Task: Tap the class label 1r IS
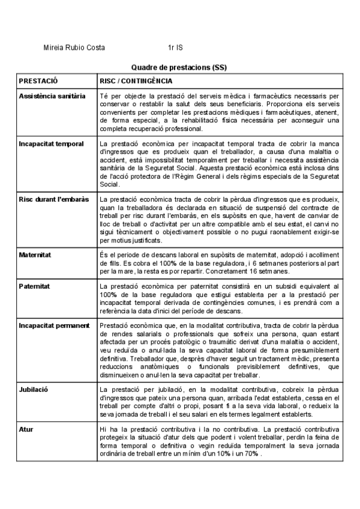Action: pyautogui.click(x=176, y=47)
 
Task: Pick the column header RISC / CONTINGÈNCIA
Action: pyautogui.click(x=136, y=80)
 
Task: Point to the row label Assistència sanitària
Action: pyautogui.click(x=52, y=96)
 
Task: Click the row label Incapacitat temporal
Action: pyautogui.click(x=52, y=144)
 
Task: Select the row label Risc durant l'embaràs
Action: pyautogui.click(x=54, y=199)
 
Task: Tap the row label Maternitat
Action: pyautogui.click(x=35, y=255)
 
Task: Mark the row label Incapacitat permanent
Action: pyautogui.click(x=54, y=326)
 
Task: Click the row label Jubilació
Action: pyautogui.click(x=34, y=373)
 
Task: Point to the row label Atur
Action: pyautogui.click(x=26, y=413)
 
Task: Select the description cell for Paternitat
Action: pyautogui.click(x=220, y=298)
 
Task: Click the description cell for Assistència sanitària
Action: pyautogui.click(x=220, y=112)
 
